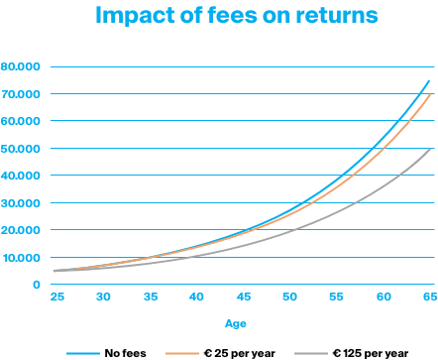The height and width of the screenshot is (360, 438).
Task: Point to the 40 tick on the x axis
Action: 195,298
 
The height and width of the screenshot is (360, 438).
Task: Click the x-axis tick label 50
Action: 289,298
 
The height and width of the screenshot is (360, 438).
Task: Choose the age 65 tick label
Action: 429,298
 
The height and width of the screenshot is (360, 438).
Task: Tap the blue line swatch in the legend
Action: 84,352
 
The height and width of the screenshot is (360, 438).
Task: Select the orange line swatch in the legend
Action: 181,352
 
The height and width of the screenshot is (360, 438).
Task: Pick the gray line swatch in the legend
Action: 311,352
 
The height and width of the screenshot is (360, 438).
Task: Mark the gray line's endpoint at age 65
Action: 429,149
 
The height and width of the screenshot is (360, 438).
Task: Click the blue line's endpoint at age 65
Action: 429,80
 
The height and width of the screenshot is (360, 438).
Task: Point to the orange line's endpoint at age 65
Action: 429,94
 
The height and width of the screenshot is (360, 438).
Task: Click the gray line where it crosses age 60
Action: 383,188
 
